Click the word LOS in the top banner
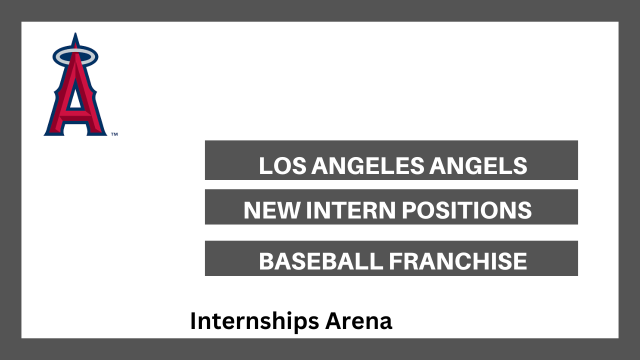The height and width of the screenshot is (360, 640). coord(282,165)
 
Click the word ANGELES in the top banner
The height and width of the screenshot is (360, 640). coord(368,165)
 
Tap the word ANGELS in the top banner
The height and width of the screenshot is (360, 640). coord(478,165)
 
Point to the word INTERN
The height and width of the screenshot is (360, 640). coord(351,210)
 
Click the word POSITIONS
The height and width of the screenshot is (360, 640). coord(467,210)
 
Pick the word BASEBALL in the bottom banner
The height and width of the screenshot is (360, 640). coord(320,261)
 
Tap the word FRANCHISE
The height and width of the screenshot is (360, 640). coord(458,261)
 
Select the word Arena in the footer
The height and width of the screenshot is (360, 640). coord(359,321)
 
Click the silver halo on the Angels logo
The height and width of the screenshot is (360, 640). coord(75,51)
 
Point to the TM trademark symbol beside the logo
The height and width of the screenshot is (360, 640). coord(114,134)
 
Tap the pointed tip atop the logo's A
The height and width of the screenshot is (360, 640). coord(75,33)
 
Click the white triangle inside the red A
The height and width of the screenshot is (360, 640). coord(75,98)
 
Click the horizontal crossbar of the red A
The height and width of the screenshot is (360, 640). coord(75,116)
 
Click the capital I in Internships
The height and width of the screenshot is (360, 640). coord(193,321)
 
